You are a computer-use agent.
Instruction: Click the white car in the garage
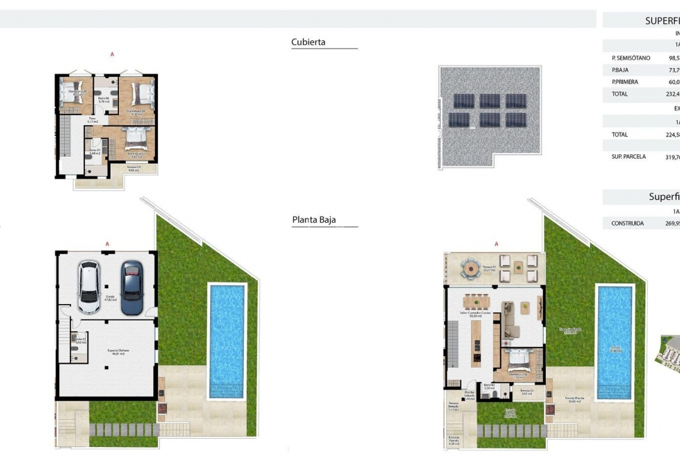click(x=88, y=288)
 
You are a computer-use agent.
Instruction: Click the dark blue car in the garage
click(x=132, y=288)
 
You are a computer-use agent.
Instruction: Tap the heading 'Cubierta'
click(x=309, y=42)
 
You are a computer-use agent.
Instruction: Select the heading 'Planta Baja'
click(x=314, y=220)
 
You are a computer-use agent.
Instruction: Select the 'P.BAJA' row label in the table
click(x=620, y=70)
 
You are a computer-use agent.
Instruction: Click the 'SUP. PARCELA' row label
click(x=628, y=157)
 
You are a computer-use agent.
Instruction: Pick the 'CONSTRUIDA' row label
click(x=627, y=223)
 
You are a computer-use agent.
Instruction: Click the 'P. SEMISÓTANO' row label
click(x=630, y=58)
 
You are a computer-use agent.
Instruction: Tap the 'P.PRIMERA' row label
click(x=625, y=82)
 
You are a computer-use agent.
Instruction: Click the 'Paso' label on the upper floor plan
click(x=92, y=119)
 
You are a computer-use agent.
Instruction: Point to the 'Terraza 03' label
click(x=133, y=167)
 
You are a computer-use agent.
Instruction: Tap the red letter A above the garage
click(x=108, y=244)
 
